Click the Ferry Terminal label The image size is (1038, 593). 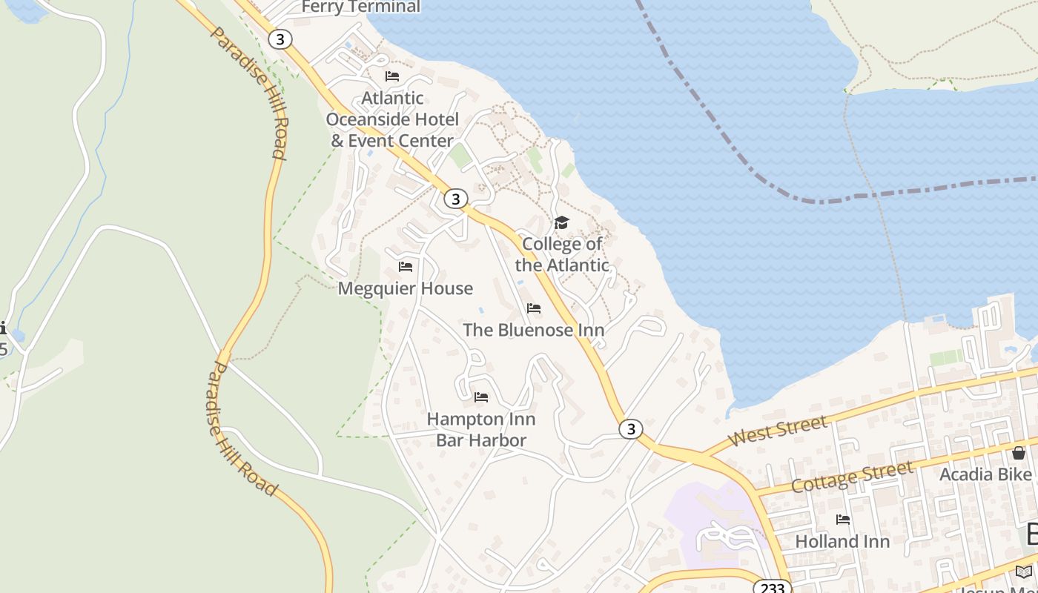[x=361, y=7]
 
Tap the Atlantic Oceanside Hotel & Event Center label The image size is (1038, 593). [x=392, y=119]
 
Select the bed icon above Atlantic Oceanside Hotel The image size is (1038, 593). [x=392, y=76]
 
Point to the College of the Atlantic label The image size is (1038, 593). [x=562, y=254]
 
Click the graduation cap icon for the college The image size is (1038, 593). [x=562, y=222]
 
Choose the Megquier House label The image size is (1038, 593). [x=405, y=288]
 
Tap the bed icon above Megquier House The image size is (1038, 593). [x=406, y=266]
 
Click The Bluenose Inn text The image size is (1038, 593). [x=534, y=330]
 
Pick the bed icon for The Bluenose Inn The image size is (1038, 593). [x=534, y=308]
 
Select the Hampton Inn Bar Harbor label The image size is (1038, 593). [x=481, y=430]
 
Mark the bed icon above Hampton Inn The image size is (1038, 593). [x=481, y=397]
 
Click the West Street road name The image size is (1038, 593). [x=778, y=431]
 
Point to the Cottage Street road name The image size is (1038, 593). [x=852, y=477]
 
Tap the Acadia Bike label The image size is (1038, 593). [x=985, y=474]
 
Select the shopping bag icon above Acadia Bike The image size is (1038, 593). [x=1019, y=452]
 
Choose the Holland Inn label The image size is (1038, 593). [x=842, y=542]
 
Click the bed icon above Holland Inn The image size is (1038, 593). [x=843, y=520]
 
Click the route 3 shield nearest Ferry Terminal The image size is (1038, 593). [x=280, y=39]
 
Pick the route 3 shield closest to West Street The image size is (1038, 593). [x=630, y=428]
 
